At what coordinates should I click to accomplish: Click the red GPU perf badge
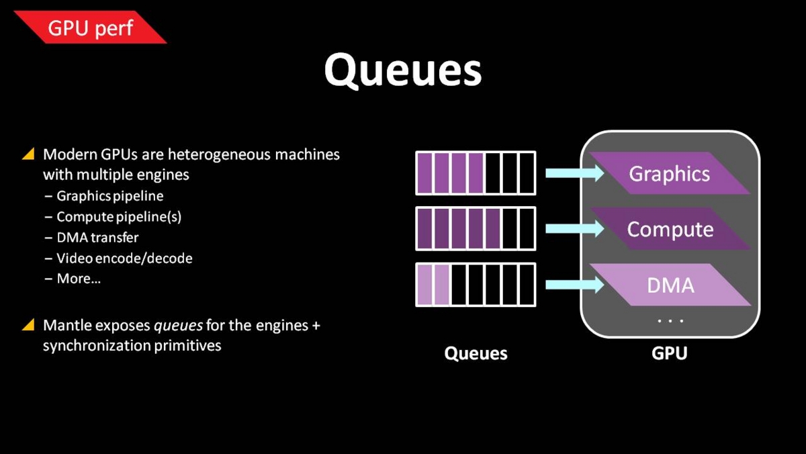(x=90, y=28)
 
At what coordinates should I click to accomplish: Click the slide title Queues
(x=402, y=70)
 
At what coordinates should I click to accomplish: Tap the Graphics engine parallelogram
(x=670, y=173)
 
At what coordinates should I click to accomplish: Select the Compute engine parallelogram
(x=670, y=229)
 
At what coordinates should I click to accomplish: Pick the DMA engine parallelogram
(x=670, y=285)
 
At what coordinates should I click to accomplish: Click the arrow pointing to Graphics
(x=575, y=173)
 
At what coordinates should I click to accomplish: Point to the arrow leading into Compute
(x=575, y=229)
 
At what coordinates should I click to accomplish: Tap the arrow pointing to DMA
(x=575, y=285)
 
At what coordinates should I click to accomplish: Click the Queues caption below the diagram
(x=476, y=354)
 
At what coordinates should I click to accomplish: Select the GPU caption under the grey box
(x=669, y=353)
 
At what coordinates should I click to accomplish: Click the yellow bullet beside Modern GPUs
(x=28, y=154)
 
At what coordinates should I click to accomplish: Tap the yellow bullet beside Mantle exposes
(x=28, y=324)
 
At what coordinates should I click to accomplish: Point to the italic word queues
(x=178, y=326)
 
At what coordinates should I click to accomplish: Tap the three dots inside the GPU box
(x=670, y=320)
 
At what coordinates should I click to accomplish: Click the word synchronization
(x=97, y=346)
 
